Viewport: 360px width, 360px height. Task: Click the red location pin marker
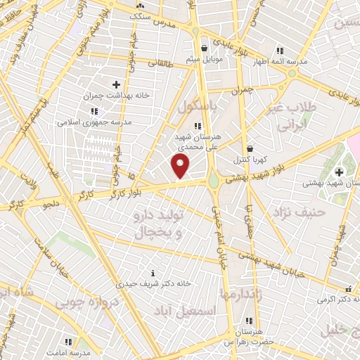[181, 167]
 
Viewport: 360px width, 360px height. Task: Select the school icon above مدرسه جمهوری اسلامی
[94, 111]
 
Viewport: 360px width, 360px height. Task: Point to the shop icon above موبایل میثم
[204, 49]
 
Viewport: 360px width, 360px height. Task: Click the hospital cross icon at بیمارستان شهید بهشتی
[339, 172]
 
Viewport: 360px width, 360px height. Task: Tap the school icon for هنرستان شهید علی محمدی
[186, 124]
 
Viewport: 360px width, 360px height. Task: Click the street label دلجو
[53, 205]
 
